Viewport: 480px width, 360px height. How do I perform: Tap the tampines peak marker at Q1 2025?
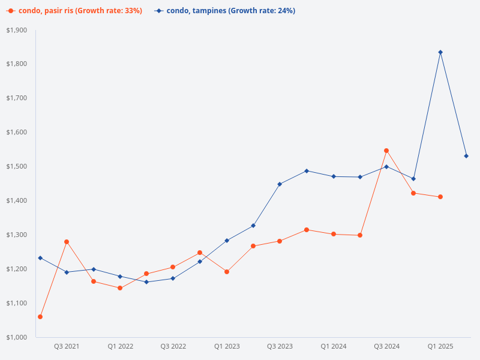[x=440, y=52]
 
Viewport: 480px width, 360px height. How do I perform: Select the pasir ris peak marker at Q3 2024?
[x=386, y=151]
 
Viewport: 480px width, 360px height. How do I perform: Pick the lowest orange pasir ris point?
[x=40, y=317]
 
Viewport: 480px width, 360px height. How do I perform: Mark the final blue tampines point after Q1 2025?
[x=466, y=156]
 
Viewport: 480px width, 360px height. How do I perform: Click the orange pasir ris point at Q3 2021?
[x=67, y=242]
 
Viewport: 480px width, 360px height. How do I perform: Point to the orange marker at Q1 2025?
[x=440, y=197]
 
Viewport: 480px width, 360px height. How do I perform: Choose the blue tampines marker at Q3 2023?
[x=280, y=184]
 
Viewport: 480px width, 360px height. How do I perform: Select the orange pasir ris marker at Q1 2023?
[x=227, y=272]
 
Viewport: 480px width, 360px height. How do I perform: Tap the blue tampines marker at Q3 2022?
[x=173, y=278]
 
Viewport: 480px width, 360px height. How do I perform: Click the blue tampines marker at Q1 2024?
[x=334, y=176]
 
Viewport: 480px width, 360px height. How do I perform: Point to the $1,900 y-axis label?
[x=17, y=30]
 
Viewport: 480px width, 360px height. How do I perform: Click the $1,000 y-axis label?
[x=17, y=337]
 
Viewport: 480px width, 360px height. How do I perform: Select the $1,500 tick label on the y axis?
[x=17, y=166]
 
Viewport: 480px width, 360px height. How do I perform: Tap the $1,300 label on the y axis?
[x=17, y=235]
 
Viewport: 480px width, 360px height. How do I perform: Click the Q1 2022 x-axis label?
[x=120, y=347]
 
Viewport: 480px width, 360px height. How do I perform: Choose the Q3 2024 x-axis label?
[x=386, y=347]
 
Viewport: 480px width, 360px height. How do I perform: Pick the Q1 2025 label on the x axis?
[x=440, y=347]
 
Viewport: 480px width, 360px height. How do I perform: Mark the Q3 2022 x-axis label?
[x=173, y=347]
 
